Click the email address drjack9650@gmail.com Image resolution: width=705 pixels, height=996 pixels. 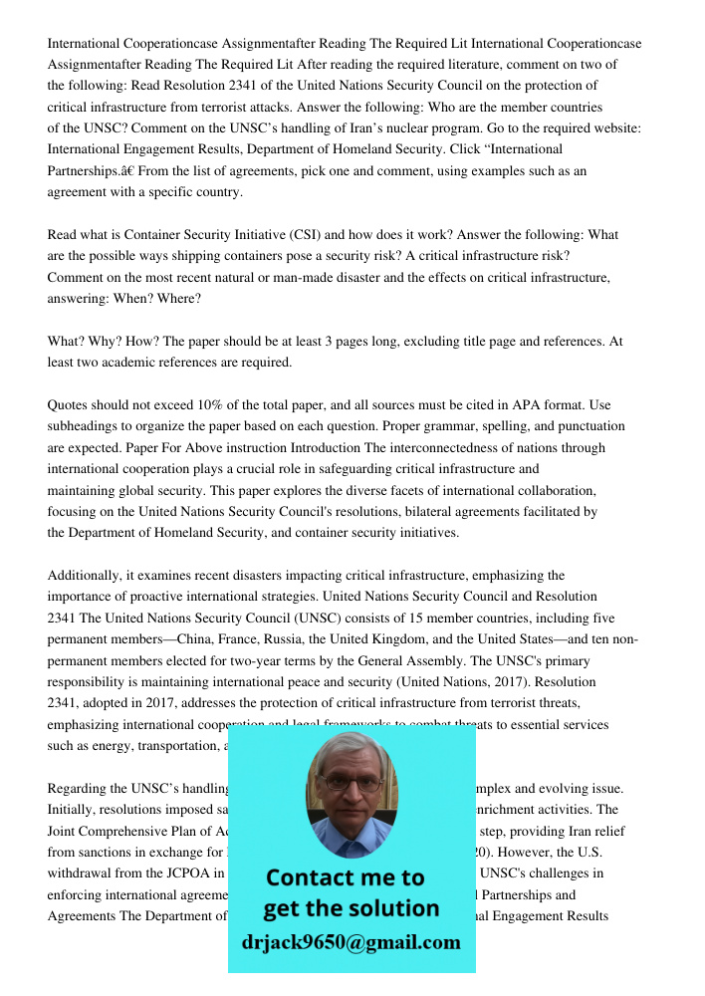tap(351, 942)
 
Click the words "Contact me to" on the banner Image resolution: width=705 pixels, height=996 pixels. tap(345, 877)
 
